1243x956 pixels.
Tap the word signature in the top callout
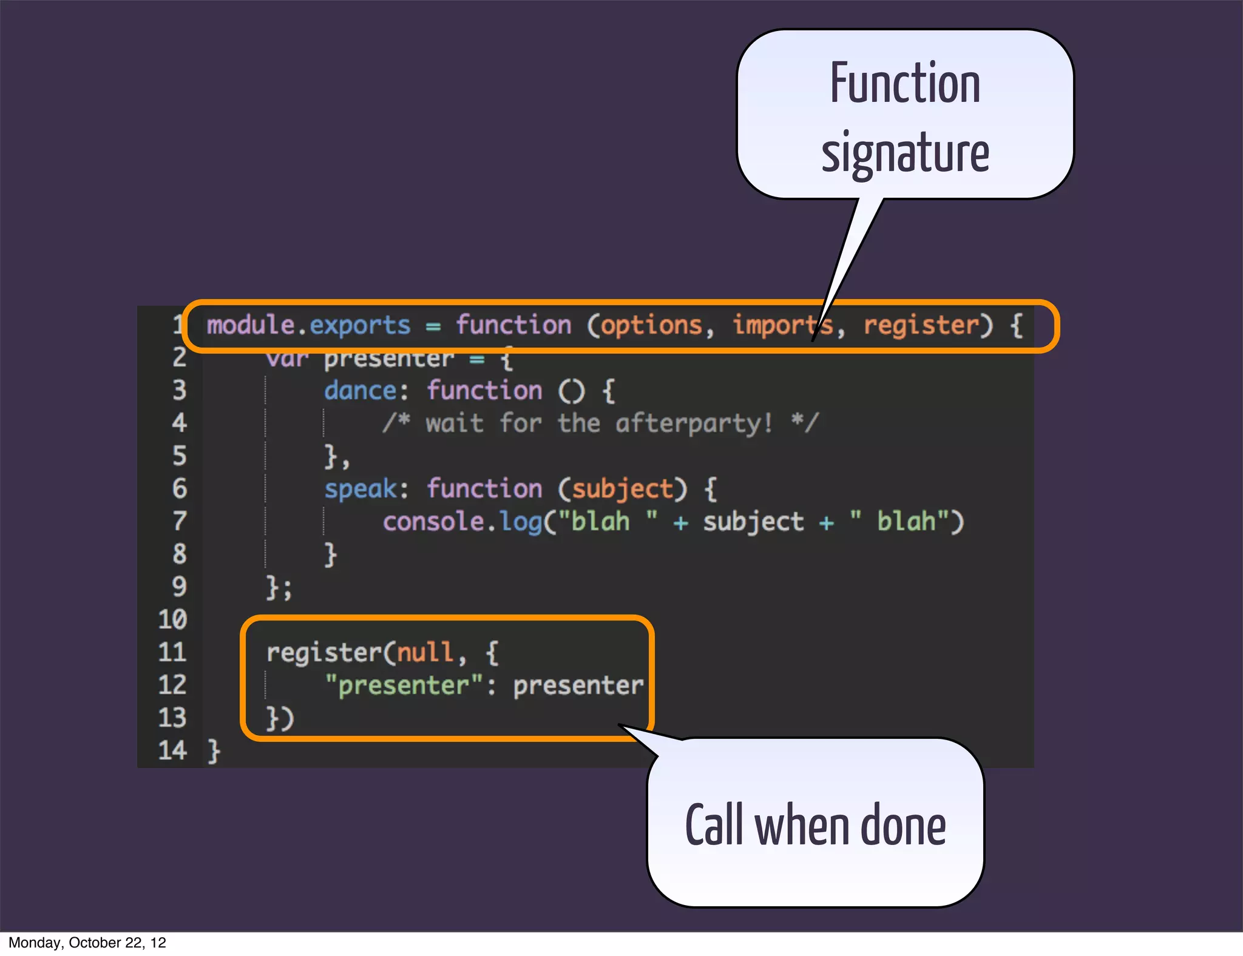coord(904,153)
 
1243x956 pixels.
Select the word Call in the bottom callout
coord(714,824)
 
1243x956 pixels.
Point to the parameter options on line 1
coord(651,326)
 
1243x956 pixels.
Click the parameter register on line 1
coord(921,326)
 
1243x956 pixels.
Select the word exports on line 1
coord(360,326)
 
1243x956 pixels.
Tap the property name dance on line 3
coord(360,391)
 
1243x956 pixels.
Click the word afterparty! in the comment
coord(694,423)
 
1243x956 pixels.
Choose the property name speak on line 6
coord(360,489)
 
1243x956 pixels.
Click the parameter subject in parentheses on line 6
coord(623,489)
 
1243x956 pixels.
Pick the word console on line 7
coord(433,522)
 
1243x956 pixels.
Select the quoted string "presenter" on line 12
coord(404,685)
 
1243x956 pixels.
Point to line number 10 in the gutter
coord(172,619)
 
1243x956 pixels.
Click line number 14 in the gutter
coord(172,751)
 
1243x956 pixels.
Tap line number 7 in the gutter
coord(179,522)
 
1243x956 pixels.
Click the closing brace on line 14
coord(214,751)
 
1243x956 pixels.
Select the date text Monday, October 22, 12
coord(87,943)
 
